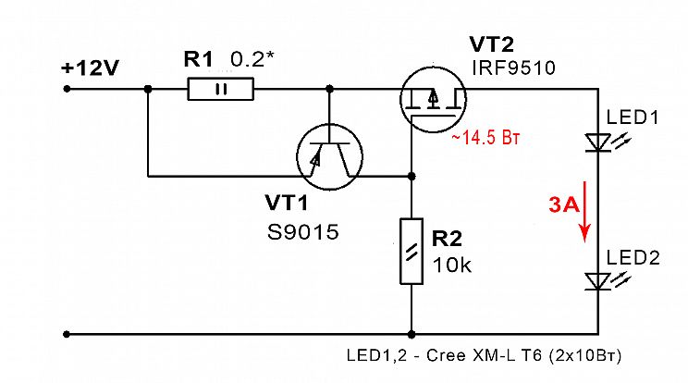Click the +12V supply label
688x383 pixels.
pos(90,68)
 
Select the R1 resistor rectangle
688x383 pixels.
pos(220,89)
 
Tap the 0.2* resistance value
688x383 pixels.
pos(252,59)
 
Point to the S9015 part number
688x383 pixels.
pos(302,232)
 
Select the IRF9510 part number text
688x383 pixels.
pos(514,68)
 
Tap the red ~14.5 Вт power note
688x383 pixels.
pos(485,138)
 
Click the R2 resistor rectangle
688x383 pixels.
pos(412,251)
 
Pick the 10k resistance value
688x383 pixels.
pos(452,265)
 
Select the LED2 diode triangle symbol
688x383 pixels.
pos(598,281)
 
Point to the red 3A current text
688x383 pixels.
pos(563,204)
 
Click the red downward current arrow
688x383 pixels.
pos(584,211)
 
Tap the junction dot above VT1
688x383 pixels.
pos(330,89)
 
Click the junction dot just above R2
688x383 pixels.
pos(412,177)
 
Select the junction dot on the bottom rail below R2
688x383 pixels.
pos(412,334)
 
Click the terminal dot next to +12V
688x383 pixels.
pos(67,89)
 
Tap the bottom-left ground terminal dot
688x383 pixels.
pos(67,334)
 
